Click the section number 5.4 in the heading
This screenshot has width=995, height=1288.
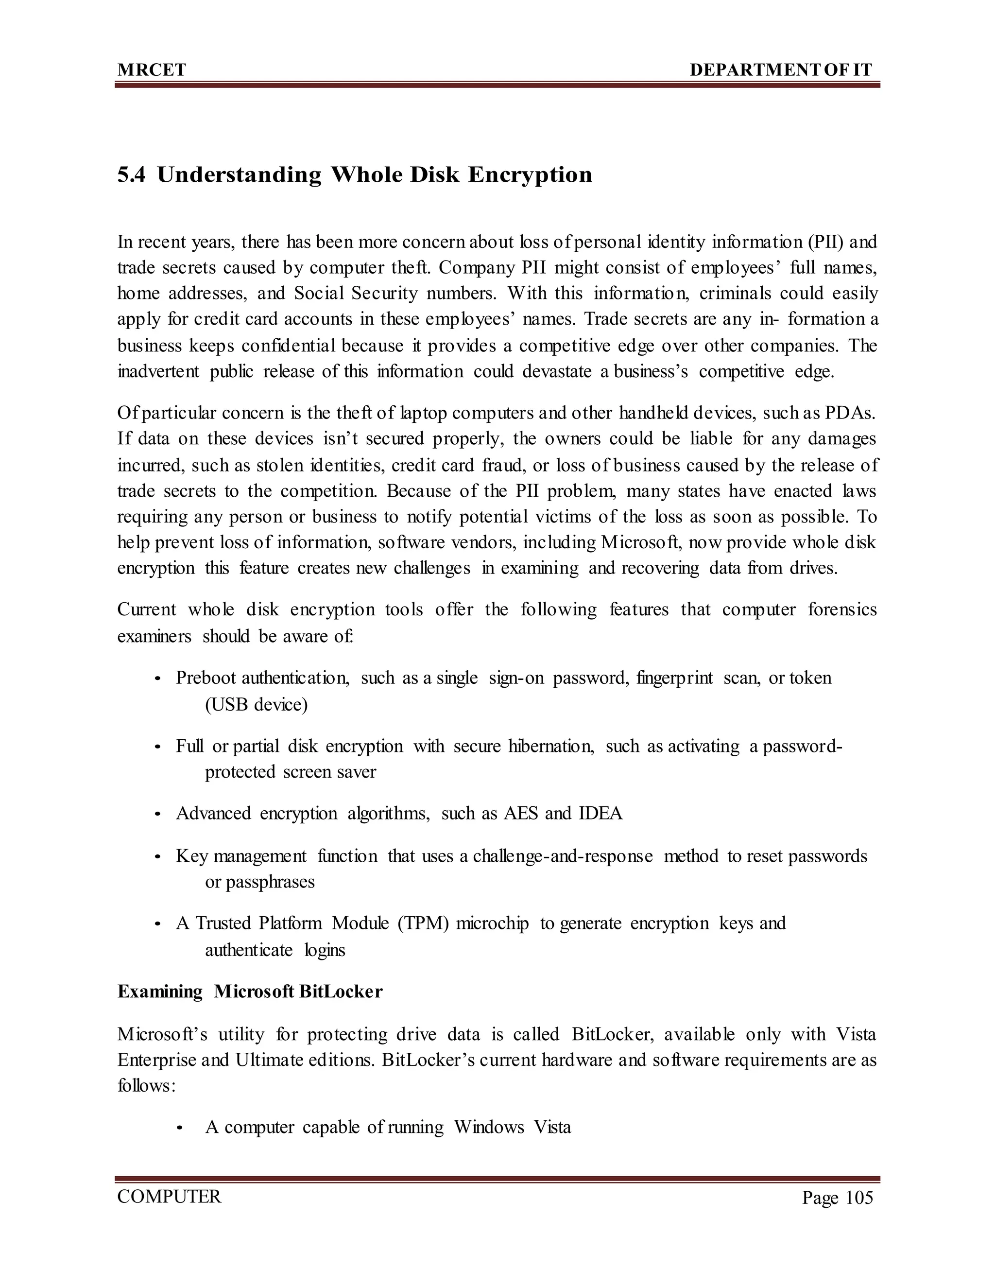pyautogui.click(x=131, y=174)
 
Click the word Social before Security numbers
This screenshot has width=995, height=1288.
pyautogui.click(x=320, y=293)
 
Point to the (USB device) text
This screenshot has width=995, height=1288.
pyautogui.click(x=256, y=705)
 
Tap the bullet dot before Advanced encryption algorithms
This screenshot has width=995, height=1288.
pyautogui.click(x=157, y=815)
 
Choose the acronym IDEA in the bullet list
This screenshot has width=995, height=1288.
pyautogui.click(x=600, y=813)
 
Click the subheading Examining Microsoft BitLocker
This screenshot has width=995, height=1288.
pyautogui.click(x=250, y=992)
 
